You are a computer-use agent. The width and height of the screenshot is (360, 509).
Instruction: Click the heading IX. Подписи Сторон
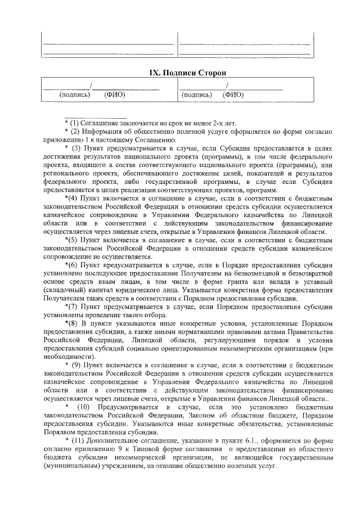pos(179,74)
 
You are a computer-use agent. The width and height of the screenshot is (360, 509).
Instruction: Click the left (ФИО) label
pos(115,94)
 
